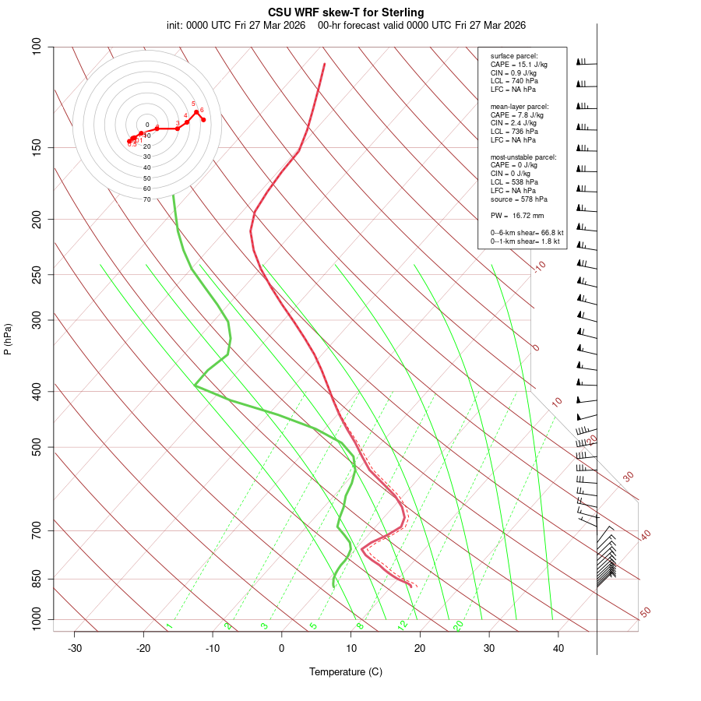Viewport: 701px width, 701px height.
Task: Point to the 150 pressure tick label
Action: (36, 147)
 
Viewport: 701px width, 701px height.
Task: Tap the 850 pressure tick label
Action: (36, 579)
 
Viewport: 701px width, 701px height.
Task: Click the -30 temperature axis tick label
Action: (75, 648)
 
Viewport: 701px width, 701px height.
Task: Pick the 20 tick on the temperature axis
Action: (420, 648)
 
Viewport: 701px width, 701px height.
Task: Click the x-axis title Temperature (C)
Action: (346, 671)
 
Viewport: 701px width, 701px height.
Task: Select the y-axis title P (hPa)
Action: (8, 339)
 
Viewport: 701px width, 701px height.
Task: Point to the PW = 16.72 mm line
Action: (517, 216)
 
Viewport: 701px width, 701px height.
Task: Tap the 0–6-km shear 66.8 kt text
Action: (527, 233)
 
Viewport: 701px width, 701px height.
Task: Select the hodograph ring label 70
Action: (146, 199)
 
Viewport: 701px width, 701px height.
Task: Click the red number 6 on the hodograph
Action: (202, 110)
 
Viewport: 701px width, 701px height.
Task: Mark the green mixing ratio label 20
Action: (458, 625)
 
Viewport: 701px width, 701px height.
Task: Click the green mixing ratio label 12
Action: (403, 625)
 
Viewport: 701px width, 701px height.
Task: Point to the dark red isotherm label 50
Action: (645, 612)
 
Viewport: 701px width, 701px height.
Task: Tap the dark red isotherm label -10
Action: (539, 266)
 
